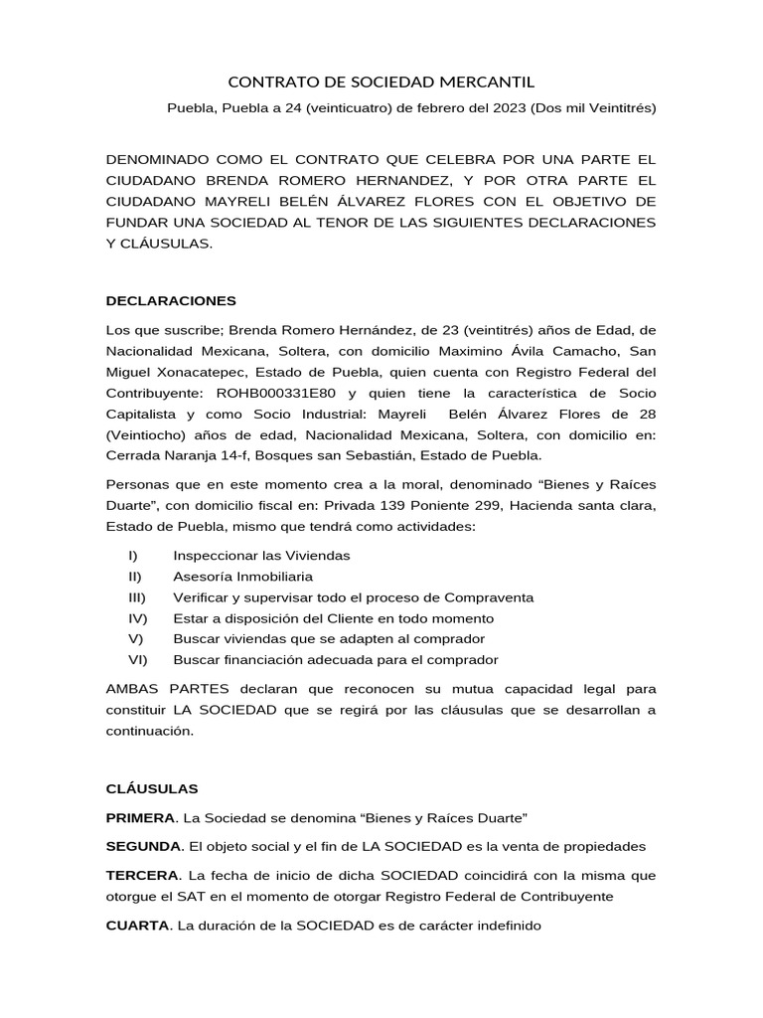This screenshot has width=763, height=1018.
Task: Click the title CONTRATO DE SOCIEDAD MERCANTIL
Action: (381, 83)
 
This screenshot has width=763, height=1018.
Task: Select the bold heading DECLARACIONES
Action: (171, 299)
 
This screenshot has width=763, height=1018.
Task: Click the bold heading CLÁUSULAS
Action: (152, 788)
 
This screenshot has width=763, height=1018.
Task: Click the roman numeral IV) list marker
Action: (137, 617)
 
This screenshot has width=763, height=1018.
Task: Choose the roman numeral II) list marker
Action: (135, 576)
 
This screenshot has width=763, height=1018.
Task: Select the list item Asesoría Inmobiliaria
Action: (242, 576)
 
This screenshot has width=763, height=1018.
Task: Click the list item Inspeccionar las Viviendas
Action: (261, 555)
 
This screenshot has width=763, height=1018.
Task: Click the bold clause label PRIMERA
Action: (140, 817)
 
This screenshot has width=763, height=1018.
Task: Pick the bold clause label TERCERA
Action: (142, 876)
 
